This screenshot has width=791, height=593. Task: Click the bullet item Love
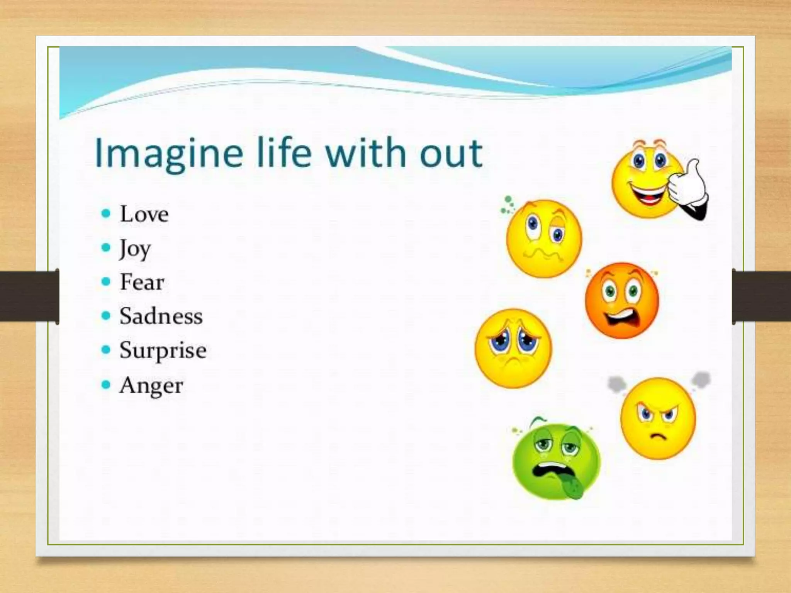[144, 214]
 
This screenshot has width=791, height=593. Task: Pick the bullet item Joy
[135, 249]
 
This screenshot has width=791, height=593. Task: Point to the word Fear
[142, 282]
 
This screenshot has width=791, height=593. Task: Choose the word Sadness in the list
[161, 316]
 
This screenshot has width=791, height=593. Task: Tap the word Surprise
[163, 351]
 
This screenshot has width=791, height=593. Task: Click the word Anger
[151, 385]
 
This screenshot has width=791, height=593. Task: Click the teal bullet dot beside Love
[106, 213]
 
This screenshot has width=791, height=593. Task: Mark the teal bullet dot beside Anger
[106, 385]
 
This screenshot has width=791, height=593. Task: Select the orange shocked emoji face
[622, 301]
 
